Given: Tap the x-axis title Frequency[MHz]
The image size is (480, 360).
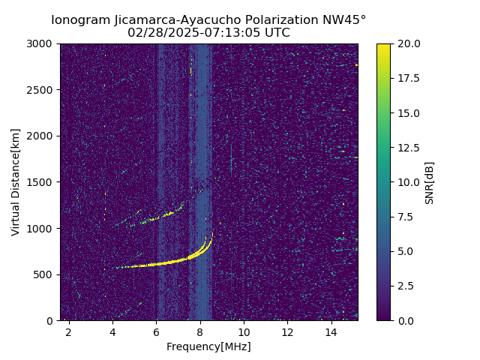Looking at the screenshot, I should coord(208,346).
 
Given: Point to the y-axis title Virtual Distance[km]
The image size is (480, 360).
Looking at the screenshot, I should coord(16,182).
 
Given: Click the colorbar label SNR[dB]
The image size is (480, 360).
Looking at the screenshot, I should coord(430,182).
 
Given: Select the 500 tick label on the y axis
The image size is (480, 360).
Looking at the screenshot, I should coord(46,274).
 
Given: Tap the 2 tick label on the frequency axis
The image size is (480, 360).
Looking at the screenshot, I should coord(69,331).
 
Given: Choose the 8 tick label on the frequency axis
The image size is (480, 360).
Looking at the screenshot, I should coord(200,331).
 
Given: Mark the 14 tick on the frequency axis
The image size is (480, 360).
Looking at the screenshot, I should coord(331,331).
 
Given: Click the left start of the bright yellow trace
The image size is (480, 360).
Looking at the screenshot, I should coord(117,268).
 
